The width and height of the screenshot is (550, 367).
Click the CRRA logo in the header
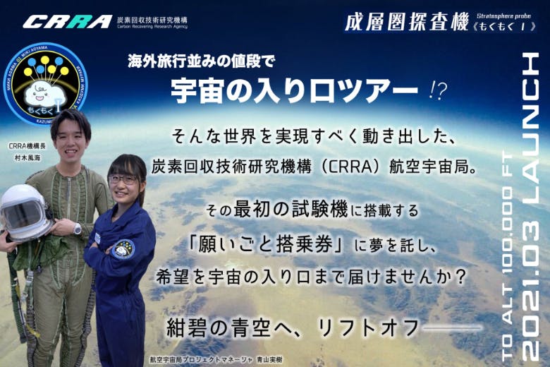point(67,21)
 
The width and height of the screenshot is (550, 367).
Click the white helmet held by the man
point(24,212)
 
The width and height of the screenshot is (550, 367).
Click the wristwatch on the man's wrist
point(77,229)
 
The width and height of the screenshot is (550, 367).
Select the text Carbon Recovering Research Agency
point(152,28)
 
